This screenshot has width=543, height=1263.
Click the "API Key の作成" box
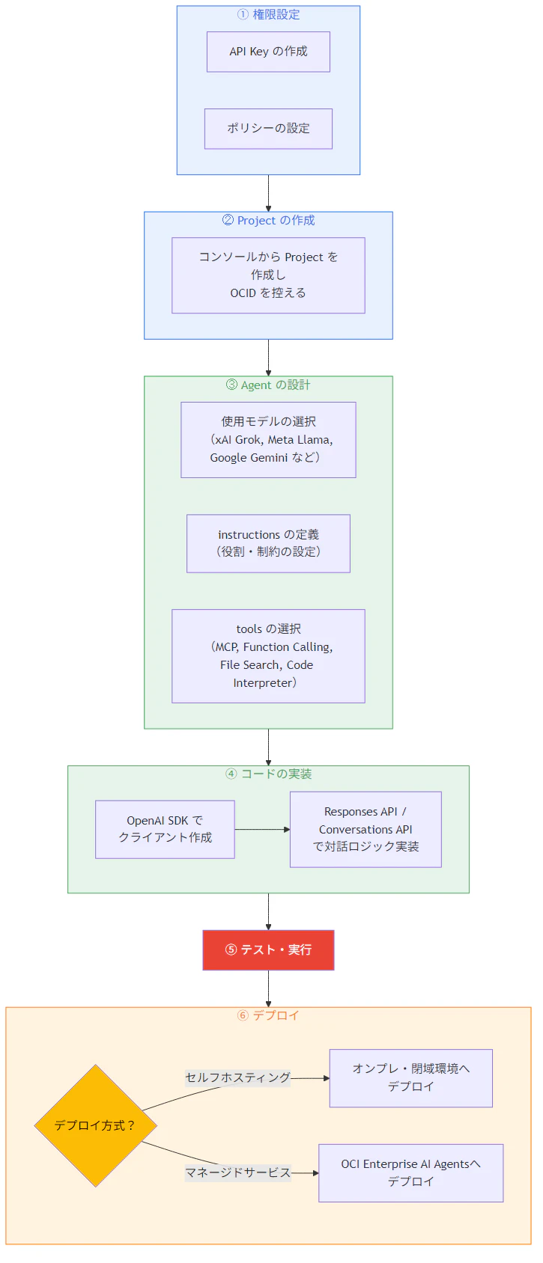(268, 52)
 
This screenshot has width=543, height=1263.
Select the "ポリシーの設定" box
(268, 129)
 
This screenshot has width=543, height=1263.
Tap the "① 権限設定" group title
(268, 14)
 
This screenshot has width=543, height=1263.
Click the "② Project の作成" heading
(268, 221)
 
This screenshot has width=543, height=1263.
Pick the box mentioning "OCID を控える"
(268, 275)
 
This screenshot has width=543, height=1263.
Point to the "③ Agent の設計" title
(268, 385)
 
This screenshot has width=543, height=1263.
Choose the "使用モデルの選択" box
(268, 440)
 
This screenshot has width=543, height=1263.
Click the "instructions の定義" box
(268, 543)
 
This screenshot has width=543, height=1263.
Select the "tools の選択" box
(268, 656)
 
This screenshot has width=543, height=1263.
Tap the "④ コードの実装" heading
(268, 774)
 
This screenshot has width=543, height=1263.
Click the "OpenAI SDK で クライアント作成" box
(165, 829)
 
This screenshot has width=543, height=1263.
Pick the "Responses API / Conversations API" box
(365, 829)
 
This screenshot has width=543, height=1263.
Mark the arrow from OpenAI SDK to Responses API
(262, 829)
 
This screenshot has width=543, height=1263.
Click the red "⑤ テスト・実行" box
(268, 950)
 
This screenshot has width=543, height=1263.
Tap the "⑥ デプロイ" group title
(268, 1015)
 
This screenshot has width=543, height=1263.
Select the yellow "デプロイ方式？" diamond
(95, 1125)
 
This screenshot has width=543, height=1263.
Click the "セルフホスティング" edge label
(237, 1077)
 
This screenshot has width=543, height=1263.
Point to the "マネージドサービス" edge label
(237, 1172)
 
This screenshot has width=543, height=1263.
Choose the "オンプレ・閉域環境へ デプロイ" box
(410, 1077)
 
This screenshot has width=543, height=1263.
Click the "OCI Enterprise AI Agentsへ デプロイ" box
(410, 1172)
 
